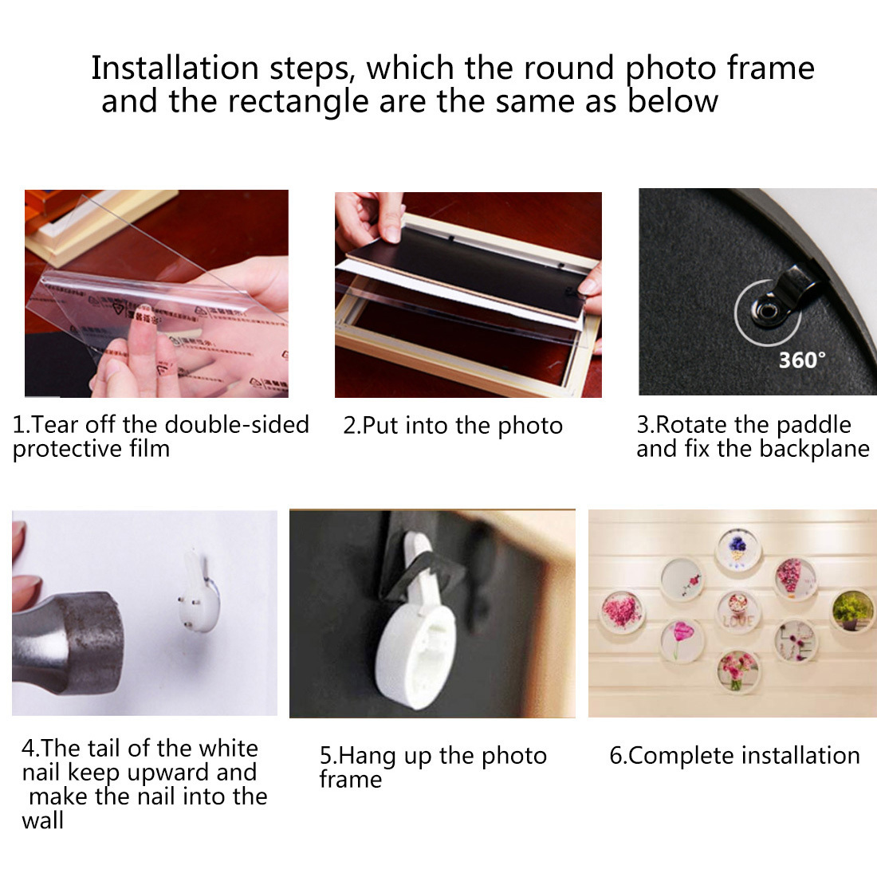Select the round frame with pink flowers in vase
[737, 672]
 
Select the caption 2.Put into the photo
[452, 426]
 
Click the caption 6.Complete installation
[734, 756]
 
